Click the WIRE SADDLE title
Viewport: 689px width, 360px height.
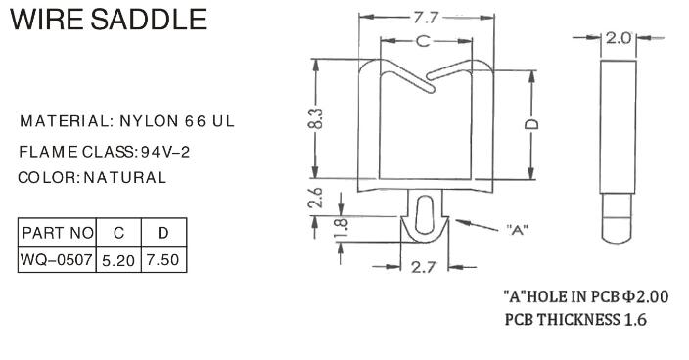point(108,20)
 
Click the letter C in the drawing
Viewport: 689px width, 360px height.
point(423,41)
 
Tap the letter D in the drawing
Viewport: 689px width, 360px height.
point(529,125)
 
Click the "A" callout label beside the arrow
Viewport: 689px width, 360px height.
point(518,232)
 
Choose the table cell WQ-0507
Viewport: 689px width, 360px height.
point(57,261)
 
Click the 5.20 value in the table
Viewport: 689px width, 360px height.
point(117,261)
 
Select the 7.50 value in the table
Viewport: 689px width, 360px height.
point(163,261)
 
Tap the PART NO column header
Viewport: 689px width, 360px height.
point(57,234)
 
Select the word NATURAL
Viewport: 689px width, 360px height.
point(124,178)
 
